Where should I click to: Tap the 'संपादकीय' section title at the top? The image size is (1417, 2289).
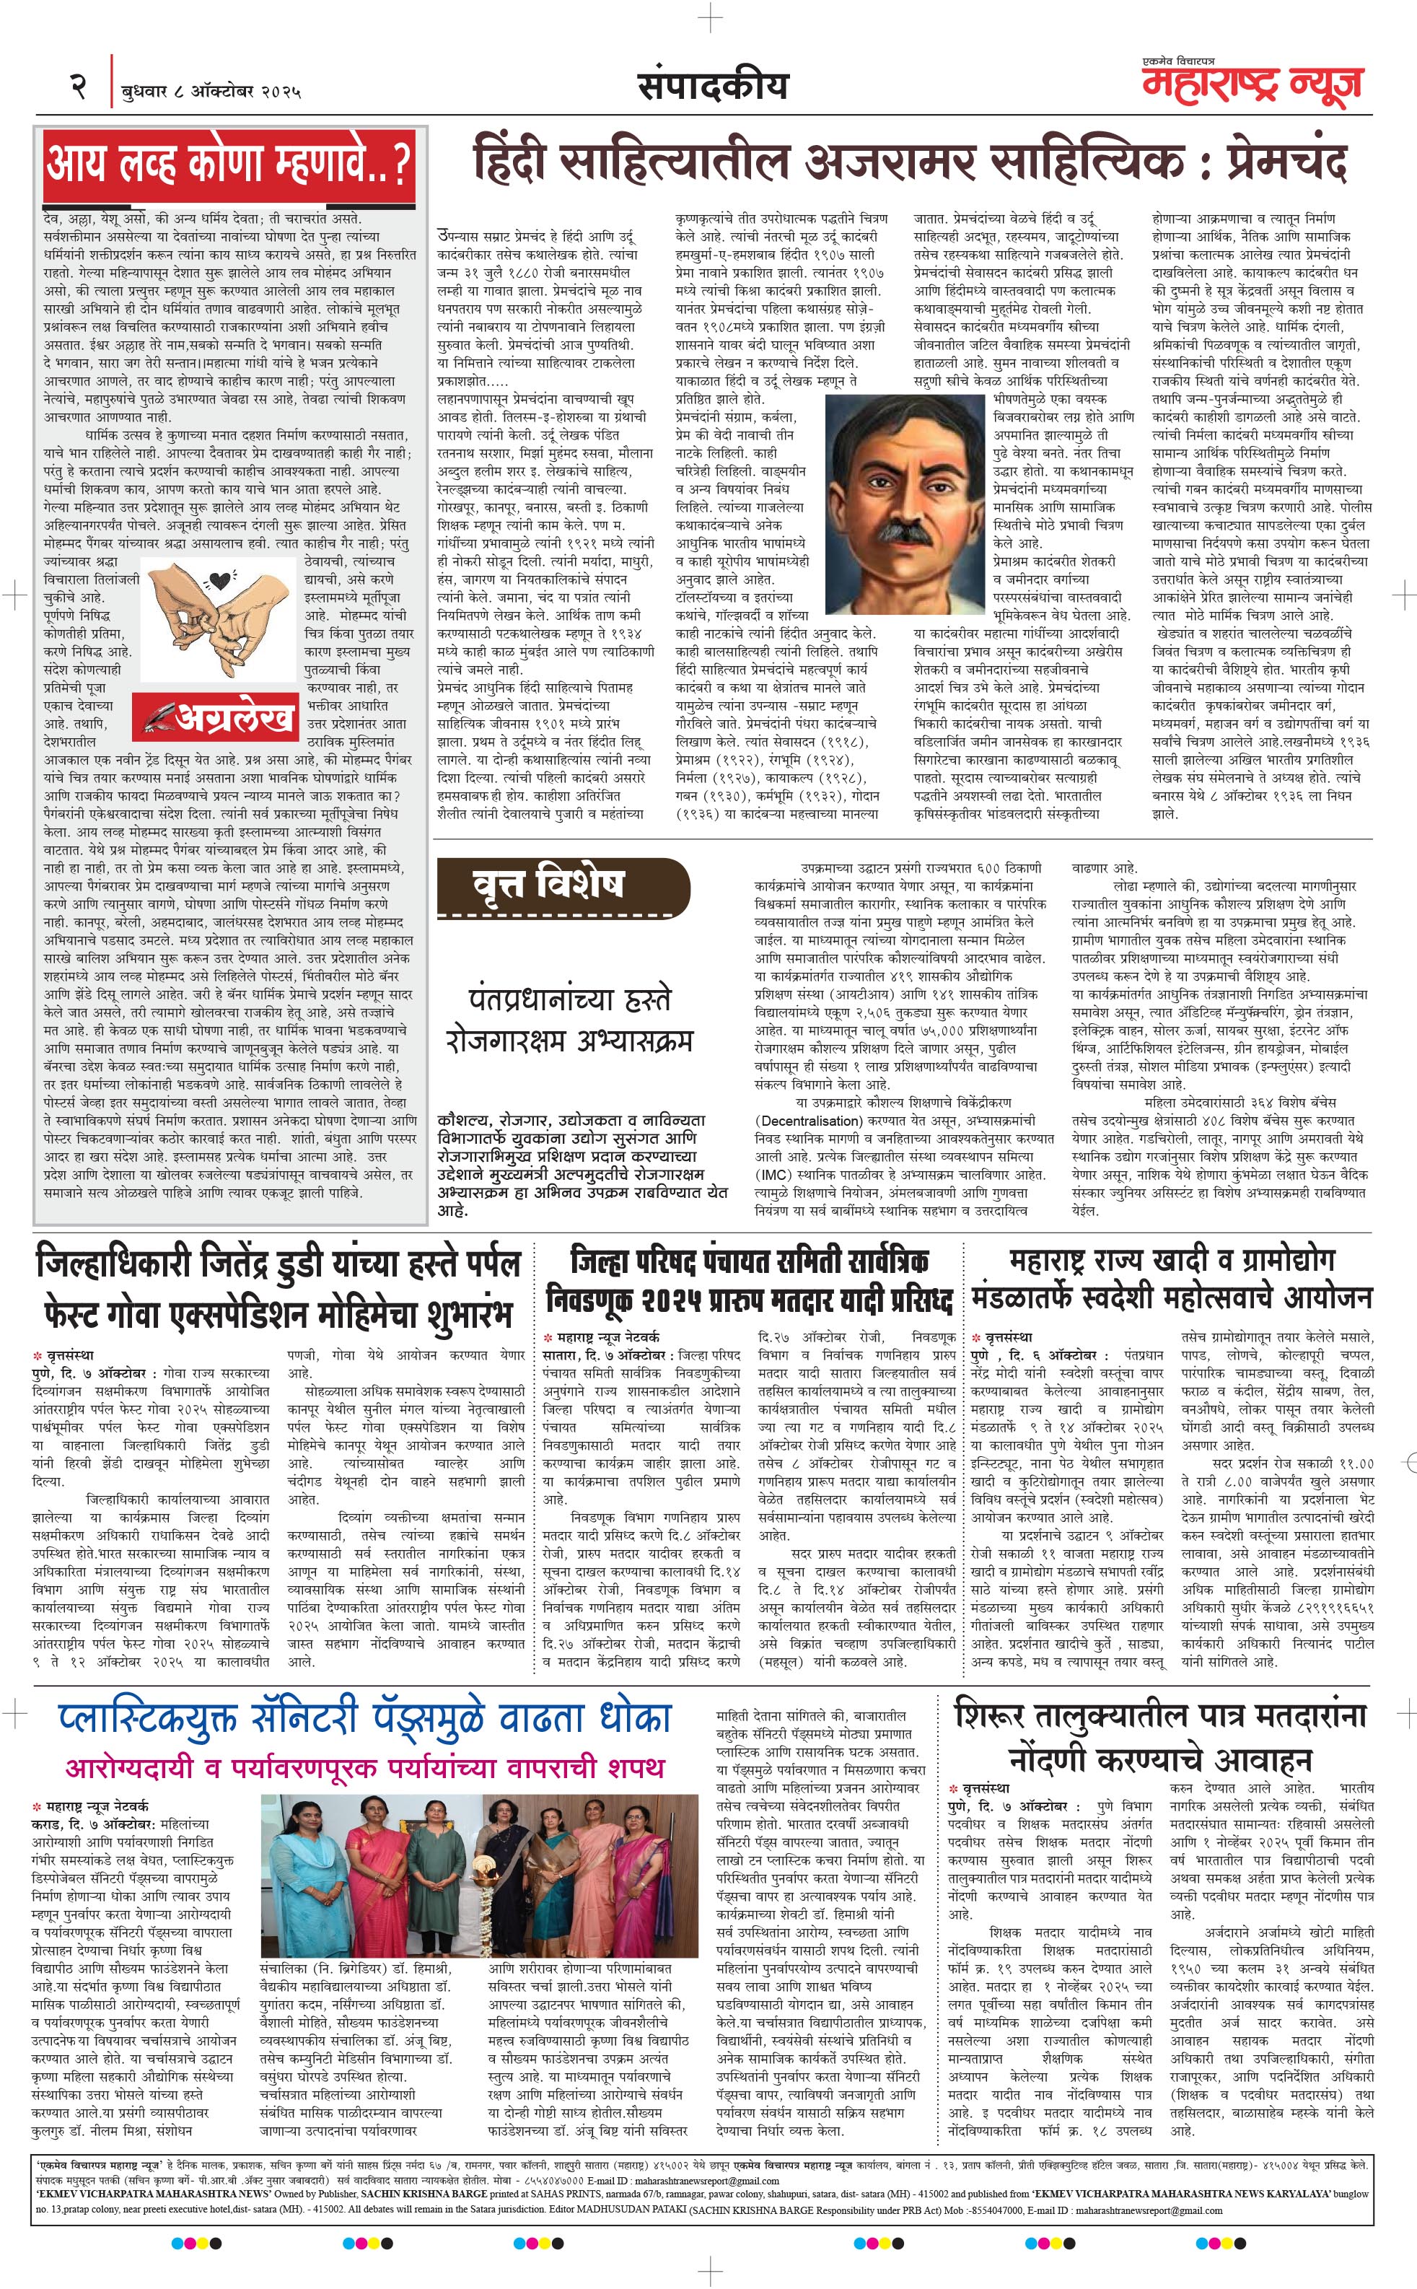click(x=712, y=87)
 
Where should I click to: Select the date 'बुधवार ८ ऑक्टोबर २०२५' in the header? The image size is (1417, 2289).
click(x=211, y=92)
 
